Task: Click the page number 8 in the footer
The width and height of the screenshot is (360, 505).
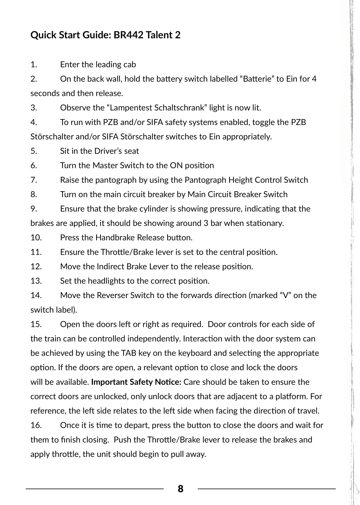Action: [x=180, y=489]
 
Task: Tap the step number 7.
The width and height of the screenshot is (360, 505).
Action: [x=34, y=180]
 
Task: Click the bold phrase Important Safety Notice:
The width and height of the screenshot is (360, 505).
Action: [x=136, y=382]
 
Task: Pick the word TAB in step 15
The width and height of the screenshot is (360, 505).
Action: [x=129, y=353]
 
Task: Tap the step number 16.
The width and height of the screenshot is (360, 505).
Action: [x=36, y=425]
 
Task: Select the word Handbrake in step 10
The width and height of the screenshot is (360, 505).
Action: [x=115, y=238]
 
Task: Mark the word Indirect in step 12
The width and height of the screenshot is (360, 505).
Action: [x=110, y=267]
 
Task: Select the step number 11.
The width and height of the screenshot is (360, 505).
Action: [x=36, y=252]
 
